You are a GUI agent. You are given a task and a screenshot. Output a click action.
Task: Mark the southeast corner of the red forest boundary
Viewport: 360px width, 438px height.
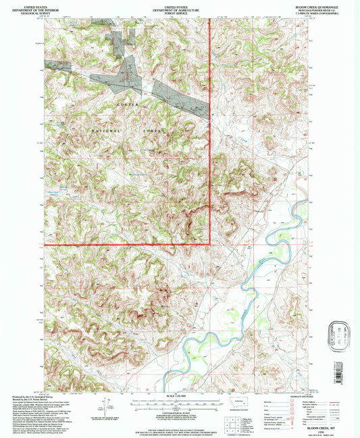pos(210,243)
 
